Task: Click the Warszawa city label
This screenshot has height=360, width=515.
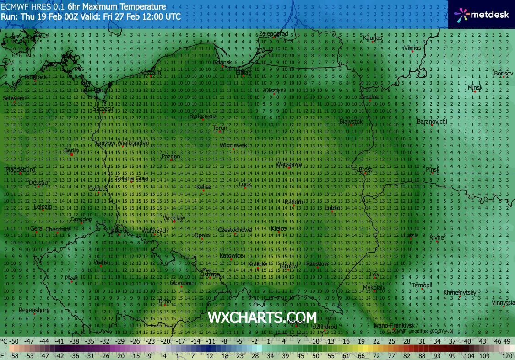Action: [x=288, y=164]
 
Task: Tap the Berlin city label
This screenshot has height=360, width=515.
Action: [x=71, y=150]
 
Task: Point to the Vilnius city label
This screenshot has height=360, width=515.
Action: [x=412, y=48]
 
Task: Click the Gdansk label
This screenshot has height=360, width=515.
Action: [x=222, y=62]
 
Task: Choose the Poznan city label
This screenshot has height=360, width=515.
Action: [x=171, y=156]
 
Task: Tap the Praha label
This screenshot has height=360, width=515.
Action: [x=101, y=262]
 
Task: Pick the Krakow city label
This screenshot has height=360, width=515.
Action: [x=257, y=264]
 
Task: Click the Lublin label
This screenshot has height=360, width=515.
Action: [x=332, y=208]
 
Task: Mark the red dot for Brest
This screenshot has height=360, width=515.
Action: [x=365, y=173]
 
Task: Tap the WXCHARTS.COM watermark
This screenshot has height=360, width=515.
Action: [x=262, y=317]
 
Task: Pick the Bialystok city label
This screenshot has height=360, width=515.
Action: [x=351, y=122]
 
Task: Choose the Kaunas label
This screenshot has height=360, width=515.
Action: [x=372, y=37]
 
